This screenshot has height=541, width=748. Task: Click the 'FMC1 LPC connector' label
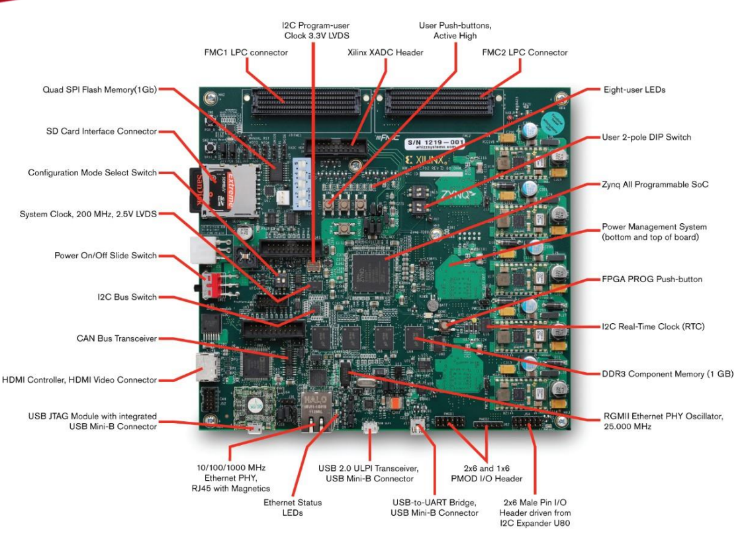pyautogui.click(x=246, y=52)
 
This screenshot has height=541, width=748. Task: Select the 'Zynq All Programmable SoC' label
pyautogui.click(x=655, y=185)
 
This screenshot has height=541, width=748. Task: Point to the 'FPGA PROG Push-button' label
pyautogui.click(x=651, y=279)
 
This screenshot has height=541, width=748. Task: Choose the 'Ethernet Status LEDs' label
pyautogui.click(x=293, y=507)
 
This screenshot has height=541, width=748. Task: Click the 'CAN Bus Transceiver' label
pyautogui.click(x=117, y=338)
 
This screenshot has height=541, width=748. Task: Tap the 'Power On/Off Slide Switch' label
pyautogui.click(x=106, y=256)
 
